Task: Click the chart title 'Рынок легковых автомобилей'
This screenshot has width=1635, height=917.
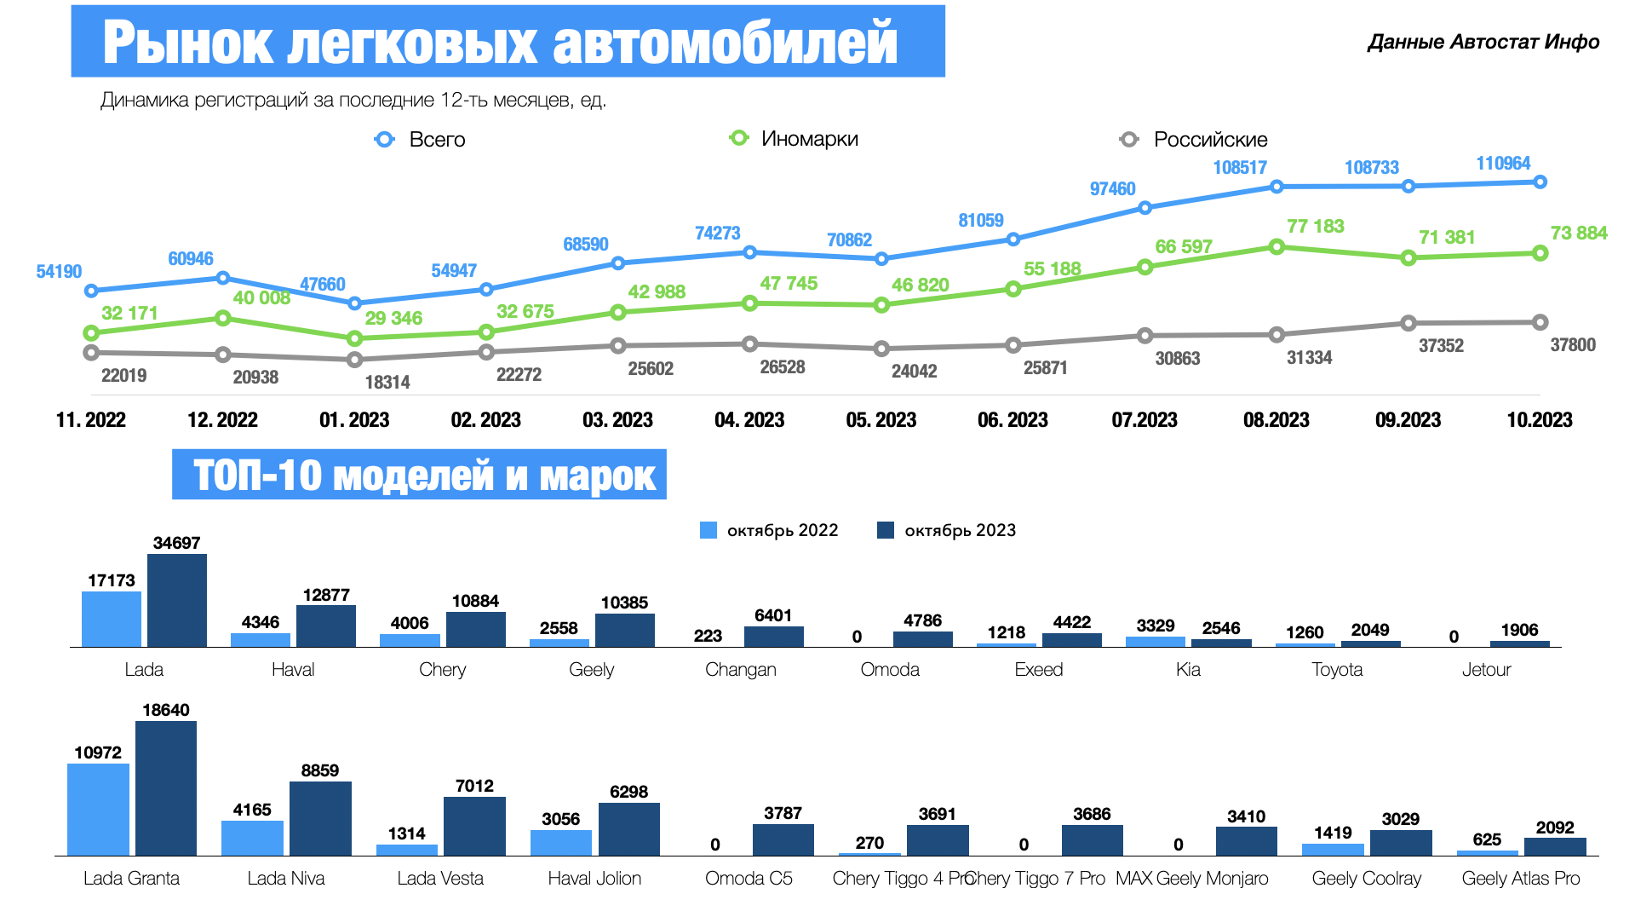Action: pos(500,42)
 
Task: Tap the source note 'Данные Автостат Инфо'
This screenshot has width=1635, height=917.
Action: pos(1483,42)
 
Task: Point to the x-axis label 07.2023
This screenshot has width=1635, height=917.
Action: pos(1144,420)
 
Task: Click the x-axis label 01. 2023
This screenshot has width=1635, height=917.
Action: pos(354,420)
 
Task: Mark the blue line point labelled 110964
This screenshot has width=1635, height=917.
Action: pos(1540,182)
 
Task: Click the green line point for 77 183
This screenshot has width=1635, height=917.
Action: pos(1276,247)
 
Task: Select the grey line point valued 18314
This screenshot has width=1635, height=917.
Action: pos(355,360)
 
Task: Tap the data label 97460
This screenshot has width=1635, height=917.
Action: pos(1112,189)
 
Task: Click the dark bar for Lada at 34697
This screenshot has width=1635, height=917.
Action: pos(177,600)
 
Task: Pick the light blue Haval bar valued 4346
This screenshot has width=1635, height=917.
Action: pos(261,639)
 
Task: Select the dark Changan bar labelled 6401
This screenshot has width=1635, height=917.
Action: pos(773,637)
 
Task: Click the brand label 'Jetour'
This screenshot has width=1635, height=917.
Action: pos(1486,670)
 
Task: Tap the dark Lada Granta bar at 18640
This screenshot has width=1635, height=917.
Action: pos(166,788)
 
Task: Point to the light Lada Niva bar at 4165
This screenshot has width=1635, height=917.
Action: pos(252,838)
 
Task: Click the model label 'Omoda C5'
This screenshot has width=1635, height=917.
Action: pos(749,879)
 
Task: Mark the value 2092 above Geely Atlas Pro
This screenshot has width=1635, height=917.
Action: pos(1555,828)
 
